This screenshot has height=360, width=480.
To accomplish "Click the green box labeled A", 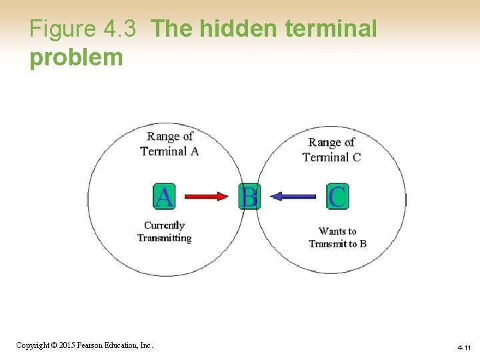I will click(164, 197).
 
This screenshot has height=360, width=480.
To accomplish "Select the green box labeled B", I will click(249, 197).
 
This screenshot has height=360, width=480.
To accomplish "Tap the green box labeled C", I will click(337, 197).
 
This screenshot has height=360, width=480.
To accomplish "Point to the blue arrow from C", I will click(294, 197).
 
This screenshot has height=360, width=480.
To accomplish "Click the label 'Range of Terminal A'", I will click(169, 143).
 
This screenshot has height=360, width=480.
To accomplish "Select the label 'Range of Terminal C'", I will click(331, 149).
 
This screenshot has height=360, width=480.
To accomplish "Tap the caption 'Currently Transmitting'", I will click(164, 231).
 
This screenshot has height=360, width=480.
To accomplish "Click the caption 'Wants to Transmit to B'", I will click(337, 237).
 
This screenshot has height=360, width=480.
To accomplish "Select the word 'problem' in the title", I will click(76, 57).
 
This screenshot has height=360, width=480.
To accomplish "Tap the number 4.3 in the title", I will click(120, 29).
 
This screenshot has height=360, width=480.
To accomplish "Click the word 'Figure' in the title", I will click(63, 29).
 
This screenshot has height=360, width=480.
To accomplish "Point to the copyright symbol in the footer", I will click(54, 345).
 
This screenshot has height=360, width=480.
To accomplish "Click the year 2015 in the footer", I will click(68, 345).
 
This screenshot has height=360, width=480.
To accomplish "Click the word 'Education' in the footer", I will click(124, 345).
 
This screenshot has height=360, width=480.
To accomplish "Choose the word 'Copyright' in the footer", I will click(32, 345).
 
